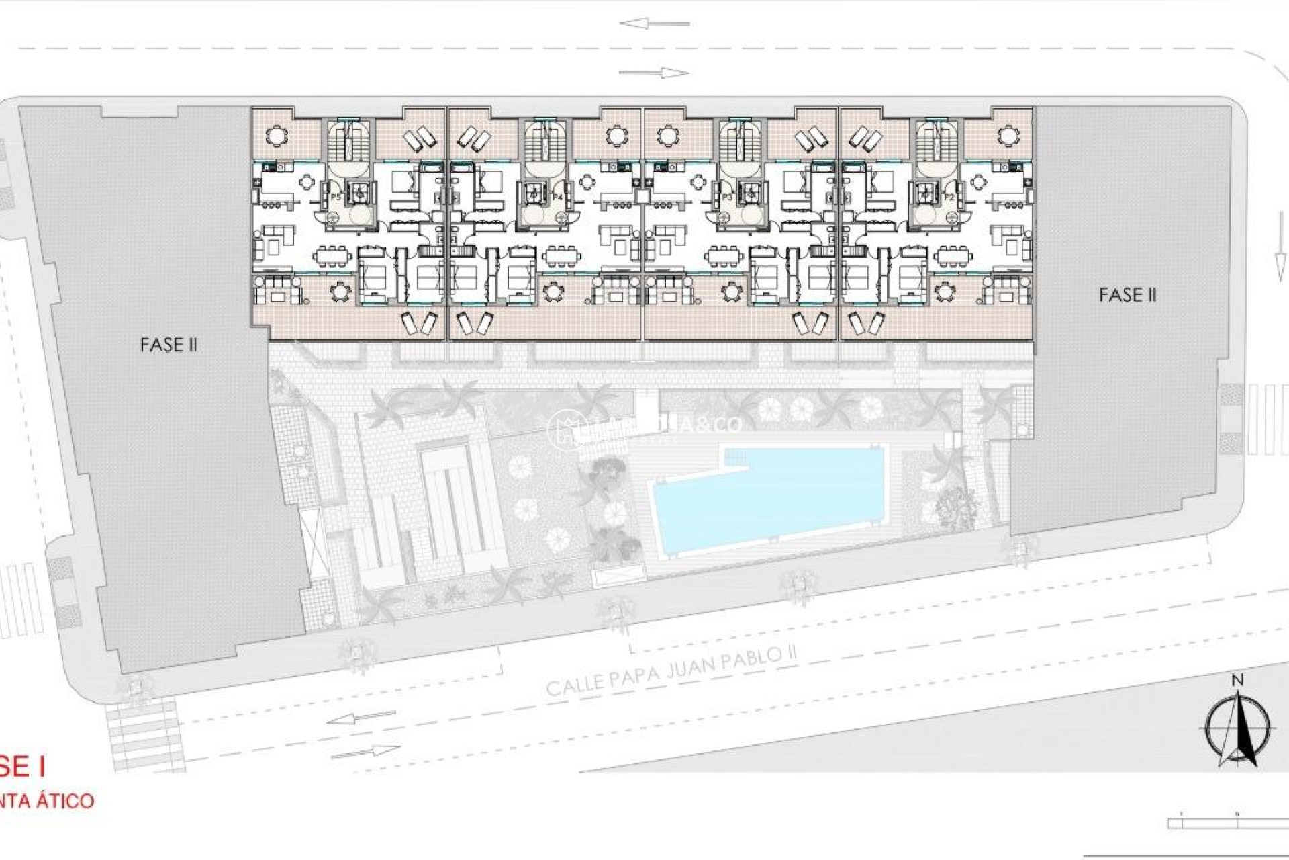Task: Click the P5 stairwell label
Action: [336, 198]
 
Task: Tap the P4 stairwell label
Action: [557, 198]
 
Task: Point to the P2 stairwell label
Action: [949, 198]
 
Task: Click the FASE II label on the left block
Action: [169, 345]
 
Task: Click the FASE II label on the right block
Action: [1127, 295]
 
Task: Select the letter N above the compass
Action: [1237, 681]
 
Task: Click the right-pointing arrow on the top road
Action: [654, 73]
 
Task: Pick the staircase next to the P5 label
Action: [344, 142]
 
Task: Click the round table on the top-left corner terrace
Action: [275, 136]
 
